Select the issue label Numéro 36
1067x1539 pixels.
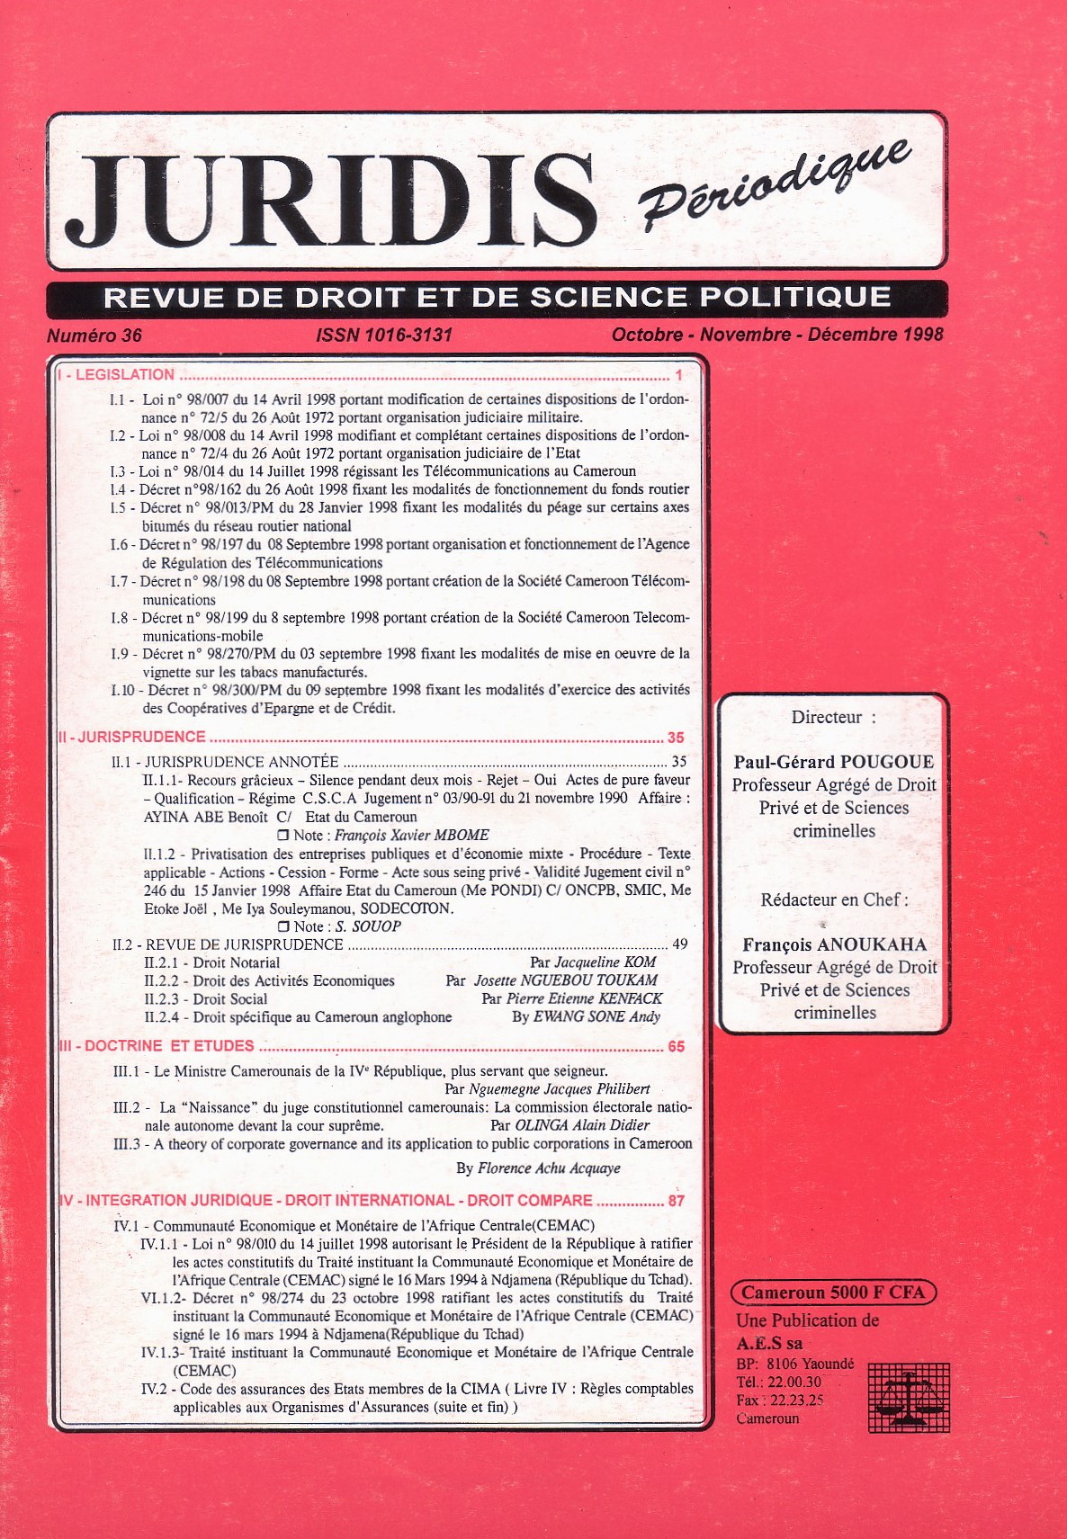coord(94,336)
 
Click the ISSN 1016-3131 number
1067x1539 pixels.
coord(384,336)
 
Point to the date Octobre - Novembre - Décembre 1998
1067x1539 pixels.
coord(777,335)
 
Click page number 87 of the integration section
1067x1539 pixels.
coord(677,1201)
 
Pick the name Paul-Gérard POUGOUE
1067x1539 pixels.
coord(834,762)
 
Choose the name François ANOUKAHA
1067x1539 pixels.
coord(834,944)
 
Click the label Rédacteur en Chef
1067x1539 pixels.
coord(834,899)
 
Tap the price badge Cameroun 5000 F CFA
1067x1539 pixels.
coord(833,1293)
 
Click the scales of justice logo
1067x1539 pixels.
coord(909,1397)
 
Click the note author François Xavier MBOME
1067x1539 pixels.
coord(412,835)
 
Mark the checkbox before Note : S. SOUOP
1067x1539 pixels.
coord(284,926)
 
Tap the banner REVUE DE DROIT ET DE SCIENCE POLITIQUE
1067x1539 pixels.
coord(497,298)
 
